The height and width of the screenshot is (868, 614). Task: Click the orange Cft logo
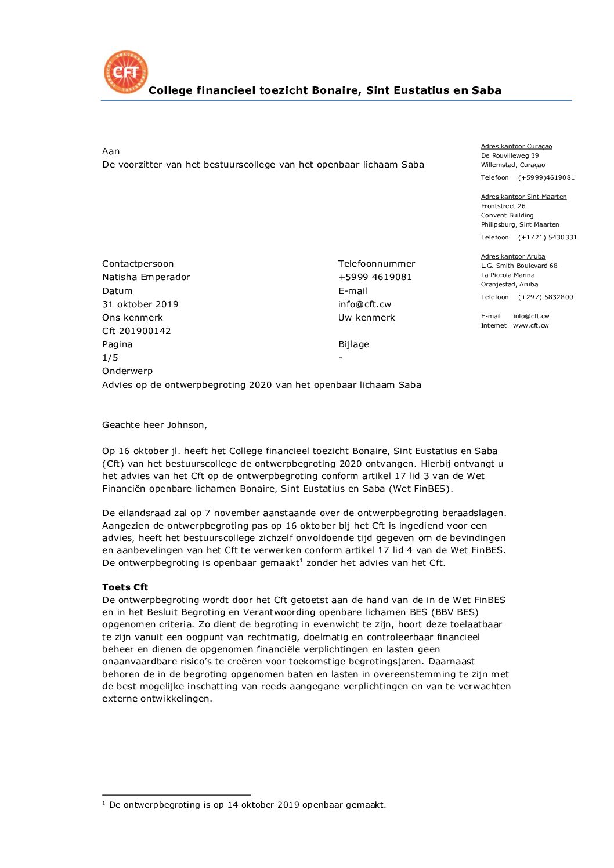coord(126,72)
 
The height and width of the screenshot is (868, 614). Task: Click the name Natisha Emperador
coord(146,277)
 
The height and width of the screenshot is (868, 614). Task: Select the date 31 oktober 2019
coord(140,304)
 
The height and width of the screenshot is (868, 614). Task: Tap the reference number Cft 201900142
coord(136,331)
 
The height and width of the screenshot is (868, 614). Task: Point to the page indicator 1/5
coord(110,358)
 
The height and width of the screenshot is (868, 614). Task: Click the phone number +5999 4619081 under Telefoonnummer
coord(375,277)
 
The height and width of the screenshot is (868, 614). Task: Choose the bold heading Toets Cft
coord(125,587)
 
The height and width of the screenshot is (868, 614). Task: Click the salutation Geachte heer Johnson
coord(154,425)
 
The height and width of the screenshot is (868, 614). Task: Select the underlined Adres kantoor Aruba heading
coord(513,256)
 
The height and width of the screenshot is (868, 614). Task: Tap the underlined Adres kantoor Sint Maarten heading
coord(523,197)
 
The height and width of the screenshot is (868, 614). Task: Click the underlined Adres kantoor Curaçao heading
coord(517,146)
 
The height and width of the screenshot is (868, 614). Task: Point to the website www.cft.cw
coord(530,325)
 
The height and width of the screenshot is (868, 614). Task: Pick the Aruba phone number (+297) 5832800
coord(546,297)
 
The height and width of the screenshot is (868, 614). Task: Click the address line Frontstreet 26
coord(503,206)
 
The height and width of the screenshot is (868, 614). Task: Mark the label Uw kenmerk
coord(366,318)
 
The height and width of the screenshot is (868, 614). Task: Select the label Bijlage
coord(353,344)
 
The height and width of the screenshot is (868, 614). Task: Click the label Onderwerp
coord(127,371)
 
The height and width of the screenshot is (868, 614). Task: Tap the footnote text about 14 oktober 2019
coord(247,805)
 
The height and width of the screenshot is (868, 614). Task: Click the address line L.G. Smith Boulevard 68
coord(519,266)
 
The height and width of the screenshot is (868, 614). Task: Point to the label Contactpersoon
coord(138,264)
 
